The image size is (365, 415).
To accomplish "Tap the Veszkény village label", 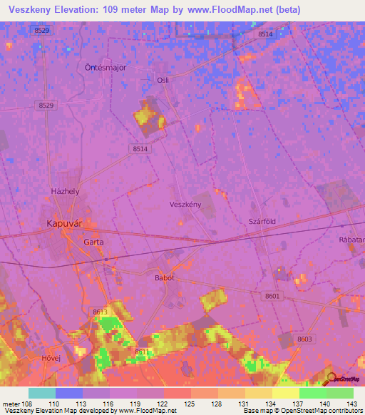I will [x=186, y=204].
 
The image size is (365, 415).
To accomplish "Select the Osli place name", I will [x=163, y=81].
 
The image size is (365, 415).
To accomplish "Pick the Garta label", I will [x=94, y=242].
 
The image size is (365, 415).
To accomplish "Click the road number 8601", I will [x=272, y=295].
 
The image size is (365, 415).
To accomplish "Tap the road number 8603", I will [x=305, y=339].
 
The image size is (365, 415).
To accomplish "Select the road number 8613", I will [x=99, y=312].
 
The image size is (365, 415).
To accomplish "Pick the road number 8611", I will [x=142, y=352].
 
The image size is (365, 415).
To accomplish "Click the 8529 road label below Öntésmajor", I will [x=46, y=105].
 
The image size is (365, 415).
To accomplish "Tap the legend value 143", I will [x=352, y=404].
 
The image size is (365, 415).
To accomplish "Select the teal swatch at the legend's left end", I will [x=42, y=393].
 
